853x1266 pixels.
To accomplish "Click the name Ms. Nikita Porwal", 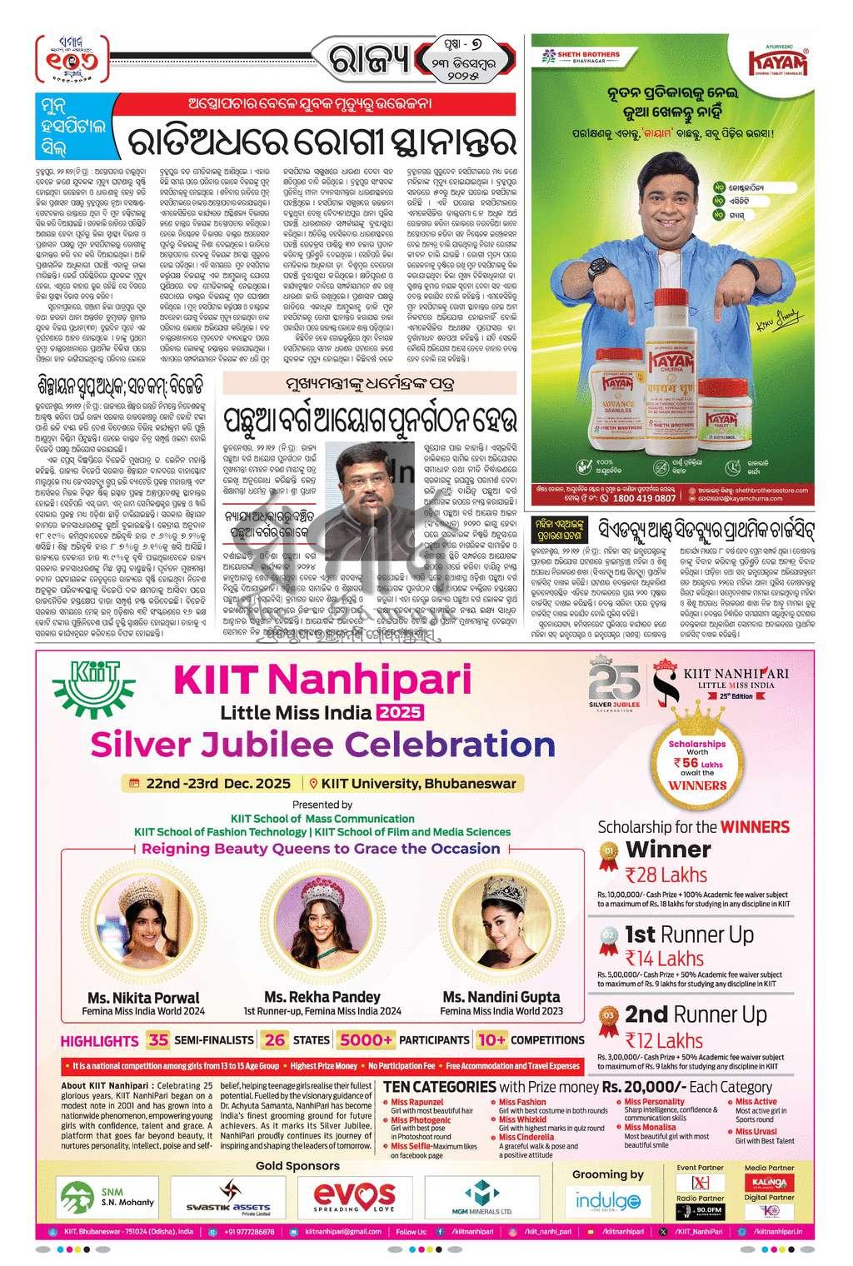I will coord(144,997).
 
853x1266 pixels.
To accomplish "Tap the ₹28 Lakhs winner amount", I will coord(666,875).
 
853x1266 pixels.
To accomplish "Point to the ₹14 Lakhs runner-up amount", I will coord(664,958).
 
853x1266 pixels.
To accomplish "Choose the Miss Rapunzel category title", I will coord(417,1102).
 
